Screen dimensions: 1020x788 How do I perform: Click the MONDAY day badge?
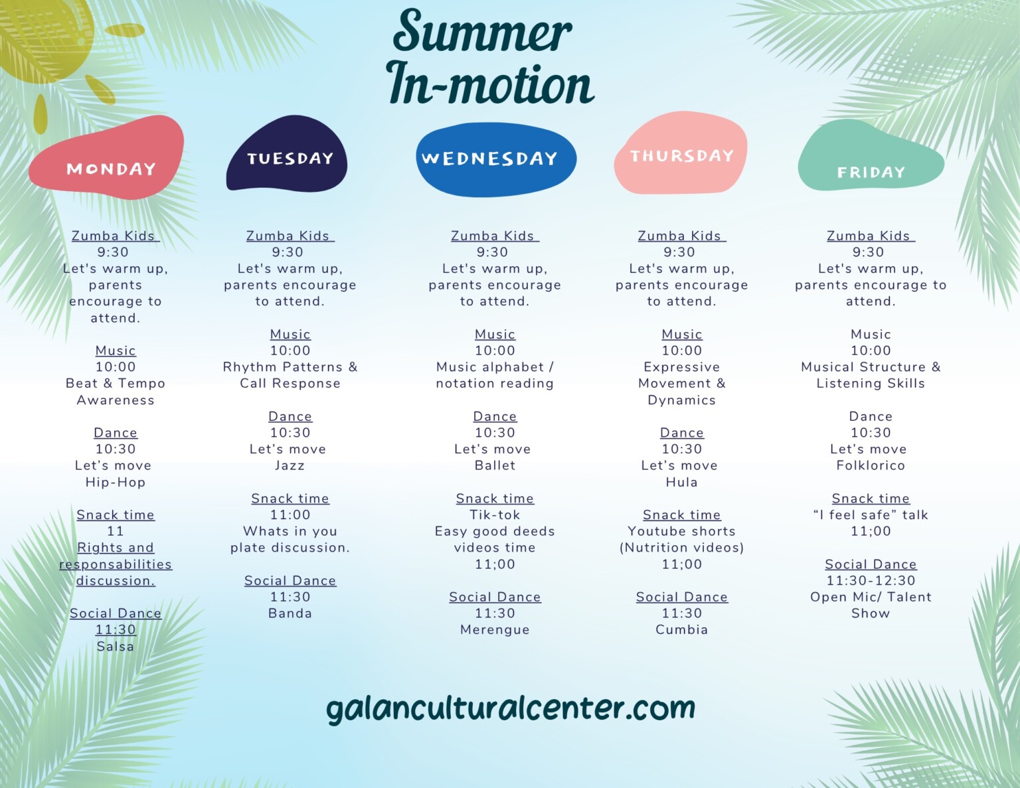coord(107,157)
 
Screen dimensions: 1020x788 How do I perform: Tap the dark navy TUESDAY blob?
coord(287,154)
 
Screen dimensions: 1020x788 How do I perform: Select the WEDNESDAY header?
coord(496,159)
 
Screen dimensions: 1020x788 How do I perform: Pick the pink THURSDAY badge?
coord(681,153)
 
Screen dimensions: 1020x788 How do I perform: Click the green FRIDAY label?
coord(871,156)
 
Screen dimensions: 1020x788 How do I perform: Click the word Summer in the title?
coord(483,31)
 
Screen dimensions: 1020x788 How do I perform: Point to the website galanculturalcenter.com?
coord(511,709)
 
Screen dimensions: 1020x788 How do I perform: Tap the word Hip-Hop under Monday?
coord(116,482)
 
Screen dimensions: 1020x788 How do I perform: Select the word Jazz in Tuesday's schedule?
coord(290,465)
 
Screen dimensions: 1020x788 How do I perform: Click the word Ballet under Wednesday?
coord(495,465)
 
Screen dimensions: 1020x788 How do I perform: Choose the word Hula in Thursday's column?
coord(681,482)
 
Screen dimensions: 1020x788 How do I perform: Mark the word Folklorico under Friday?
coord(871,465)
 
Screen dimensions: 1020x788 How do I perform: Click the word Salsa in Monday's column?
coord(116,647)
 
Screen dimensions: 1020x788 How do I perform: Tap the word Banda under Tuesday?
coord(290,613)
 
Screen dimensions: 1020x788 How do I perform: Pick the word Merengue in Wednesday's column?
coord(495,630)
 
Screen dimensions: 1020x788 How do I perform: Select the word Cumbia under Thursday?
coord(681,629)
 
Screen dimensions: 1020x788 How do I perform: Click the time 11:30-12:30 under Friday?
coord(871,581)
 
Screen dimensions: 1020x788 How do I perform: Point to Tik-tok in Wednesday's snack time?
coord(495,515)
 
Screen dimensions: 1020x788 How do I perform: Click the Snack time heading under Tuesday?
coord(290,498)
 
